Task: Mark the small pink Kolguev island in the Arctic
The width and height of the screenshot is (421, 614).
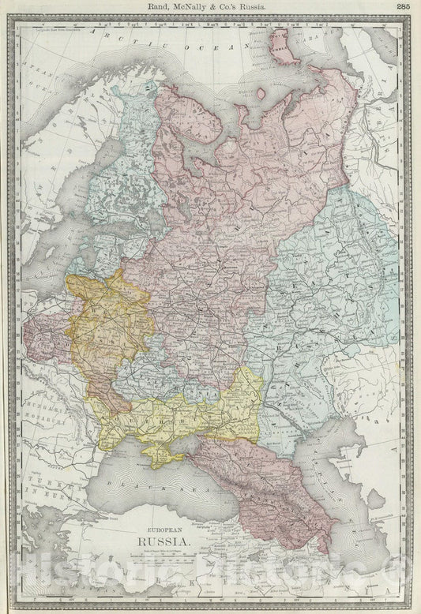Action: pos(261,93)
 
